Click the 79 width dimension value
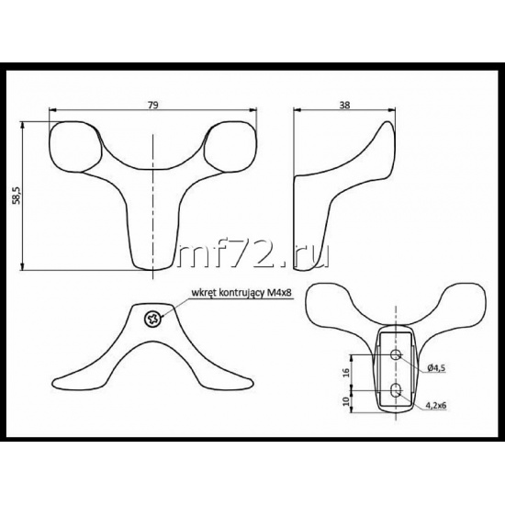coord(153,106)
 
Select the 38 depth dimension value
coord(344,106)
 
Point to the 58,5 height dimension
coord(17,195)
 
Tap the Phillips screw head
coord(153,319)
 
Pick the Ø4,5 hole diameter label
coord(437,368)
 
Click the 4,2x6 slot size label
coord(436,406)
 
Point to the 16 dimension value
coord(346,372)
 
